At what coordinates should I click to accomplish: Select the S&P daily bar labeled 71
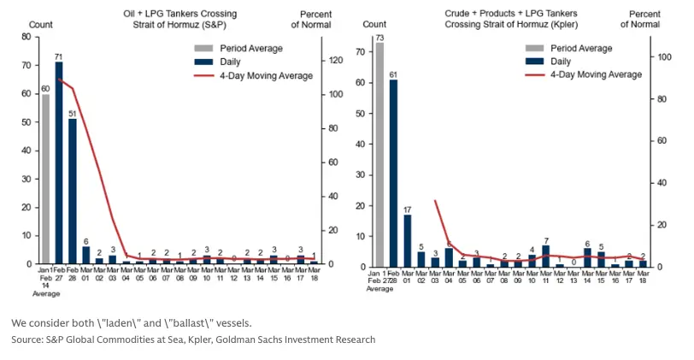[59, 162]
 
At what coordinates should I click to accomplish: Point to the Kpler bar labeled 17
[408, 240]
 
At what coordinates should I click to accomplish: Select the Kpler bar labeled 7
[545, 256]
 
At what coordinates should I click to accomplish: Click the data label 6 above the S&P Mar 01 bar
[85, 240]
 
